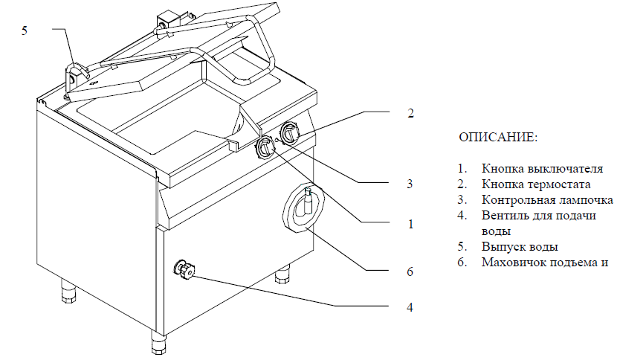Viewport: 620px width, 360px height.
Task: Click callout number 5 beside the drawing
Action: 25,30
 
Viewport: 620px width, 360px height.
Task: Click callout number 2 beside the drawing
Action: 410,114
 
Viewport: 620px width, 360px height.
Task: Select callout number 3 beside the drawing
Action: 410,184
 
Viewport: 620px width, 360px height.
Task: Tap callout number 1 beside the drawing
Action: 410,223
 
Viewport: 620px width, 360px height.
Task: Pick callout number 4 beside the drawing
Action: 410,306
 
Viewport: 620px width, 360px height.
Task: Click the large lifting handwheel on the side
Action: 304,208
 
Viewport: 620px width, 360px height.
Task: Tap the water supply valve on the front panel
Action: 183,270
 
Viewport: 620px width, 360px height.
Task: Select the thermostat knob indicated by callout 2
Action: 290,135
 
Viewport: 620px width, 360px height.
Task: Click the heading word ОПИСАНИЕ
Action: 497,138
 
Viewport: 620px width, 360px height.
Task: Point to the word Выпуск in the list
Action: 501,246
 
